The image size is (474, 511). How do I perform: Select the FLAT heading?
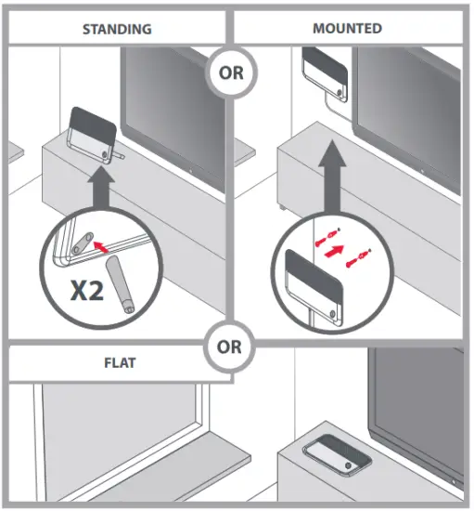pyautogui.click(x=118, y=361)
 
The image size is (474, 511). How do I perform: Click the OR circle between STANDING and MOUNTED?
pyautogui.click(x=231, y=72)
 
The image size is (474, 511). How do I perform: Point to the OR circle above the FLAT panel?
pyautogui.click(x=232, y=347)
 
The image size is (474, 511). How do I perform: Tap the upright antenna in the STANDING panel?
pyautogui.click(x=93, y=134)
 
